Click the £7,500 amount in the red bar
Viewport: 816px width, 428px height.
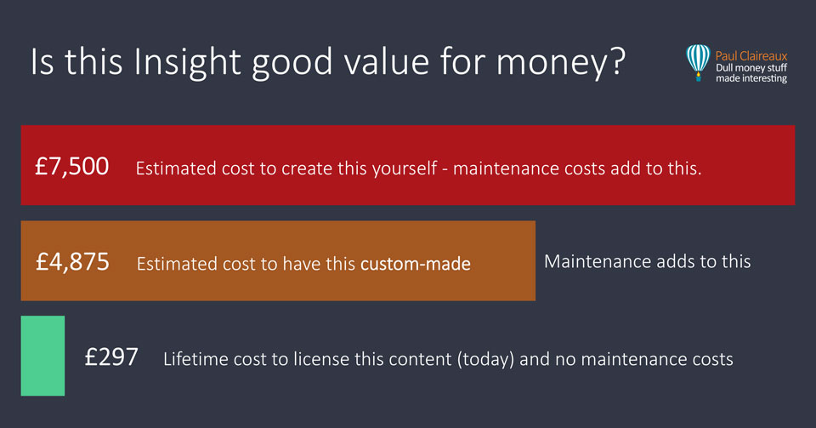(71, 167)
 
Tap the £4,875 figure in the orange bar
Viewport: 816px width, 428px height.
(72, 262)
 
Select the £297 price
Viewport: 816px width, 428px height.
(111, 357)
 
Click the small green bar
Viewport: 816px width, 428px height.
(42, 356)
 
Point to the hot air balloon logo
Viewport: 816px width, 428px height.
(698, 62)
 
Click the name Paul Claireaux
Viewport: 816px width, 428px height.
(751, 55)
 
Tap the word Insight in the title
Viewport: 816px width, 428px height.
(188, 62)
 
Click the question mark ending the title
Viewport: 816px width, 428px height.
(617, 61)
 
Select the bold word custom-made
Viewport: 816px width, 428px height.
(416, 264)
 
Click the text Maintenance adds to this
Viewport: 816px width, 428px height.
(648, 261)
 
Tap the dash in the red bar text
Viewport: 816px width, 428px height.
(445, 169)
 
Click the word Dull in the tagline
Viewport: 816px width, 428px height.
(723, 68)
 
